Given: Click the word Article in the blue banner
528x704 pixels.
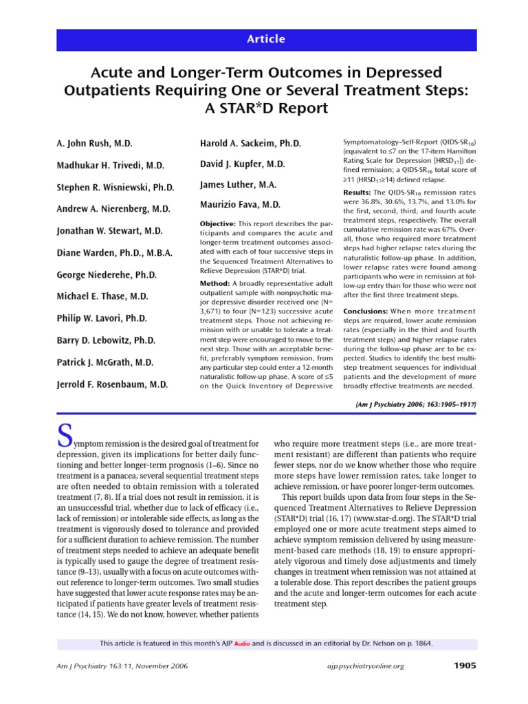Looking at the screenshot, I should (x=265, y=39).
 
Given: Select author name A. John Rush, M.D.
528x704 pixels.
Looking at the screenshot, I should (x=94, y=143).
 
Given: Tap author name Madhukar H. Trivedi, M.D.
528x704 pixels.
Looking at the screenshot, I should (x=110, y=165).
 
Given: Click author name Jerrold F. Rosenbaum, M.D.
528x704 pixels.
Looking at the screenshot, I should (x=112, y=384).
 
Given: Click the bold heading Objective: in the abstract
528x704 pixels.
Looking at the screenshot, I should (x=217, y=224).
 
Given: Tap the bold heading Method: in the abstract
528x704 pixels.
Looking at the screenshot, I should (x=214, y=283).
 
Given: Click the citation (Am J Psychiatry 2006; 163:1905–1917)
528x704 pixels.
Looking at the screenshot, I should (x=416, y=405).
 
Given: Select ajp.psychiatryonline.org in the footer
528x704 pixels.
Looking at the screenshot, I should (x=364, y=666).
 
